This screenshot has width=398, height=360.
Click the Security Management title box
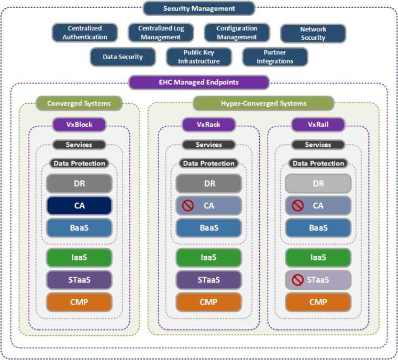click(x=199, y=8)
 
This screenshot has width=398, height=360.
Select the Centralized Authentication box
click(x=85, y=33)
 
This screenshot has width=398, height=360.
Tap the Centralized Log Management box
click(x=161, y=33)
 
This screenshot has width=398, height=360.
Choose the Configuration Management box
click(x=237, y=33)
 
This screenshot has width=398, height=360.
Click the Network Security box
click(x=313, y=34)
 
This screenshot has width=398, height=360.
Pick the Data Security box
click(x=123, y=57)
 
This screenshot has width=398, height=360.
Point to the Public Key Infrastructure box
click(x=199, y=57)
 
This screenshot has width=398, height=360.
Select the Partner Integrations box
click(x=275, y=57)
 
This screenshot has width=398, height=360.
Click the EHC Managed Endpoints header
click(x=199, y=82)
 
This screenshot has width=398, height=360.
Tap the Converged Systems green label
click(x=79, y=103)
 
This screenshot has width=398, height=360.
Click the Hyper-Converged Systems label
click(x=263, y=103)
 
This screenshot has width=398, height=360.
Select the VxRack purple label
click(x=208, y=125)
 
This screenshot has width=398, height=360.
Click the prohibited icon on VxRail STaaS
click(x=297, y=280)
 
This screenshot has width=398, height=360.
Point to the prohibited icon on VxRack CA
click(x=188, y=206)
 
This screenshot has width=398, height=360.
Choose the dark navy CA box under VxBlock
click(x=79, y=206)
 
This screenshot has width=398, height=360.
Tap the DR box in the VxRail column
click(x=318, y=184)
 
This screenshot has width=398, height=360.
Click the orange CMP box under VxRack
click(x=208, y=302)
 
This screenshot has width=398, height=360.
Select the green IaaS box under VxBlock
click(x=79, y=258)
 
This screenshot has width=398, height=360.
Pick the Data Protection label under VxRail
click(x=318, y=163)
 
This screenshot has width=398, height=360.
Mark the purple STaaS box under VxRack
click(x=208, y=280)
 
